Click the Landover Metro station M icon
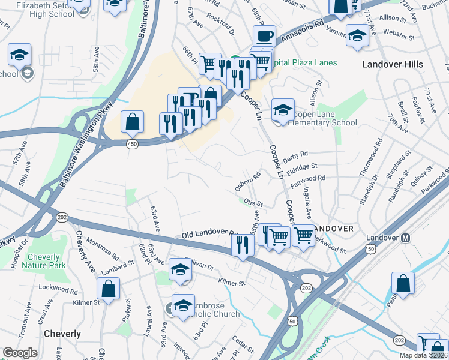(x=405, y=238)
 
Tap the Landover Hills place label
(x=393, y=64)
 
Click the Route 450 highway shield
(x=131, y=145)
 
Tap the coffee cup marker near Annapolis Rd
(x=264, y=37)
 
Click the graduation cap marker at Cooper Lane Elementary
(x=283, y=110)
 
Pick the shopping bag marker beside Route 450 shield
(x=132, y=122)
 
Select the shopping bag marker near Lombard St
(x=108, y=289)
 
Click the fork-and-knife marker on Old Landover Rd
(x=243, y=245)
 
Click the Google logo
(x=20, y=353)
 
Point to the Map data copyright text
(x=424, y=355)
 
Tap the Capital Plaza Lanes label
(x=304, y=62)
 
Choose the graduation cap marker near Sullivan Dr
(x=180, y=269)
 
